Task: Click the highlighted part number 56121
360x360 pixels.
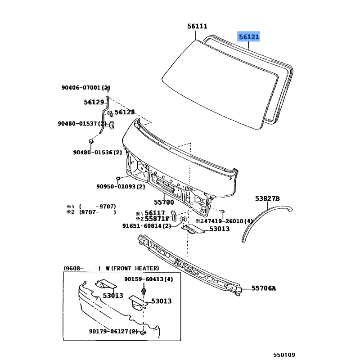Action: (249, 37)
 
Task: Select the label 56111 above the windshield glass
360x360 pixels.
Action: (197, 26)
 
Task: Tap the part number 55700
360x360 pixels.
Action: (164, 202)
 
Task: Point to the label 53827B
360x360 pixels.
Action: (267, 198)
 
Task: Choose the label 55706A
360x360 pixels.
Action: (264, 288)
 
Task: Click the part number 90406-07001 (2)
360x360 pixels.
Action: (85, 87)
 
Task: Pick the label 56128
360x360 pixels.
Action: (125, 112)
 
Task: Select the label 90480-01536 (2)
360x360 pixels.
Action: (98, 153)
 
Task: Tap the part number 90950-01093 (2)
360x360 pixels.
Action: (121, 186)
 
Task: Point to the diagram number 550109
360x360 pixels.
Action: (284, 355)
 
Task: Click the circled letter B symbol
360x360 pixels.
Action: (183, 220)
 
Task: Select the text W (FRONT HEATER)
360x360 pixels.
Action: (132, 268)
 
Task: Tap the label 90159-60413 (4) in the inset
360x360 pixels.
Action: (148, 279)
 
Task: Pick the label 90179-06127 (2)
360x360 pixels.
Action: (113, 331)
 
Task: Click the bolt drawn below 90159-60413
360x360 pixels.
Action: (144, 290)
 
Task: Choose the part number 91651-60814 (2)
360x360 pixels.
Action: (147, 226)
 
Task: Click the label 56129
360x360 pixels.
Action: (94, 102)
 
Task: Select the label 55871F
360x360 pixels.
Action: (157, 219)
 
